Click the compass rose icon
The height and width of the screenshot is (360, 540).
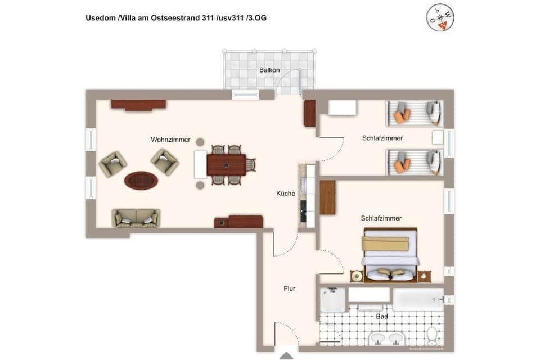coord(440,17)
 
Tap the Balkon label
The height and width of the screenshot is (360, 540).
coord(269,70)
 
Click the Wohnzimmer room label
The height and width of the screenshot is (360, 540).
coord(170,139)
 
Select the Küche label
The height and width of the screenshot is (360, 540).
coord(286,193)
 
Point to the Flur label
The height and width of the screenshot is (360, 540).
coord(290,289)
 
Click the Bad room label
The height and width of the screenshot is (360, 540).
coord(382,316)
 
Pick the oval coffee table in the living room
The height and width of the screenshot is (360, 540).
coord(141,181)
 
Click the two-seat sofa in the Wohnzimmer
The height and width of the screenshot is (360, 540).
coord(136,218)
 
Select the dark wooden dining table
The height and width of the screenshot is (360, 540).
coord(226,165)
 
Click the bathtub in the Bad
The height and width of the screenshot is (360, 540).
coord(418,299)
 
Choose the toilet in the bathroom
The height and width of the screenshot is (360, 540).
coord(432,336)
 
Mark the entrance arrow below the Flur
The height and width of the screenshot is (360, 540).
coord(286,355)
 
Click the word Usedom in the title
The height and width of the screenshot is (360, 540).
coord(100,18)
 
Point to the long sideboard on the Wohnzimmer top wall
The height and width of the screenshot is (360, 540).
coord(138,104)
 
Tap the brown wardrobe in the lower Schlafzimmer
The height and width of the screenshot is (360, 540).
coord(327,197)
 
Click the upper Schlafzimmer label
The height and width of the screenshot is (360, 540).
coord(382,138)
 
